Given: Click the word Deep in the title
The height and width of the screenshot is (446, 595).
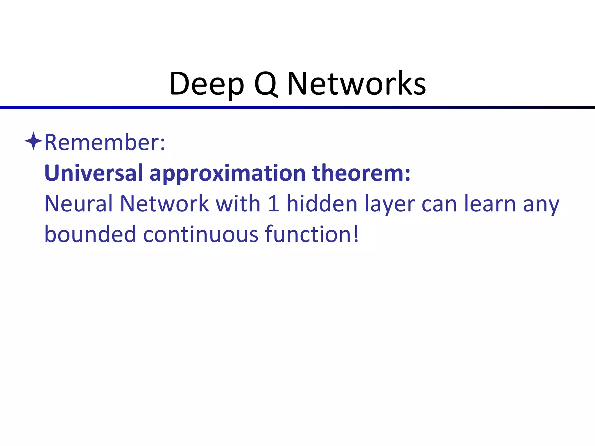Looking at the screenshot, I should (207, 84).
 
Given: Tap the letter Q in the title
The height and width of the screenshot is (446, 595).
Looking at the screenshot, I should (266, 84).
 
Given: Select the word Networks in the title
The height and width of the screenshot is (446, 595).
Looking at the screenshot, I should (356, 84).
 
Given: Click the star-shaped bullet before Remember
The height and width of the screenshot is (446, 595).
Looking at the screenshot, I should (34, 141).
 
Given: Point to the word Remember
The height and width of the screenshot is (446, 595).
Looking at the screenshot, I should (105, 143).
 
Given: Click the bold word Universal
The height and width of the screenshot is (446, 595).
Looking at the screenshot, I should (94, 173).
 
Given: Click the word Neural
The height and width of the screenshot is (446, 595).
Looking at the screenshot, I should (78, 204).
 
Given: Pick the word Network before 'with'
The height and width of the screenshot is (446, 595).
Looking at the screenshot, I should (164, 204).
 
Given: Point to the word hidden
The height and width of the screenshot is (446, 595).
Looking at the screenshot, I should (322, 204).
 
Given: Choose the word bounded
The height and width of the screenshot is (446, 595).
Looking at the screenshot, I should (90, 234).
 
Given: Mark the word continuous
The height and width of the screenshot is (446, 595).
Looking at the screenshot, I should (201, 234).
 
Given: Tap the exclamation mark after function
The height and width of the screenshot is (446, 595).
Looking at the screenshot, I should (356, 234).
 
